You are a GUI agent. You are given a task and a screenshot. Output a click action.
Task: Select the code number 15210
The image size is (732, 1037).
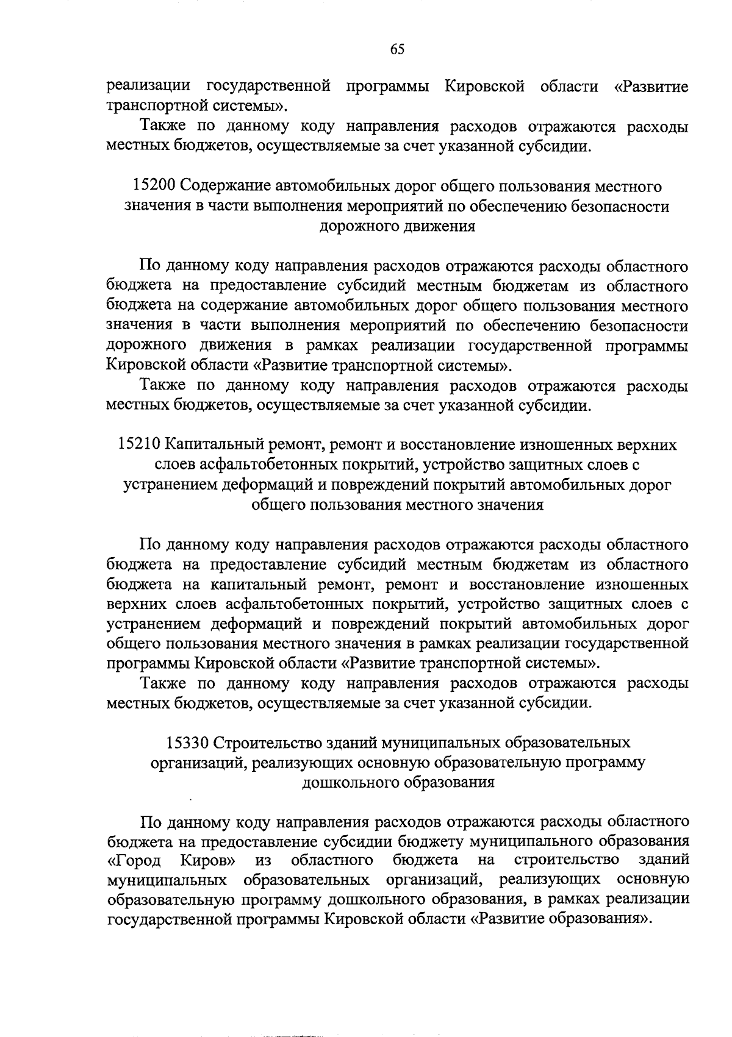(138, 445)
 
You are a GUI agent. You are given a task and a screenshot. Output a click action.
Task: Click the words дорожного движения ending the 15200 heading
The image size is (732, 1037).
(397, 226)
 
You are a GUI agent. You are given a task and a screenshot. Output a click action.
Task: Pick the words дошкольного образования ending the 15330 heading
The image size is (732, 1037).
(398, 782)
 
